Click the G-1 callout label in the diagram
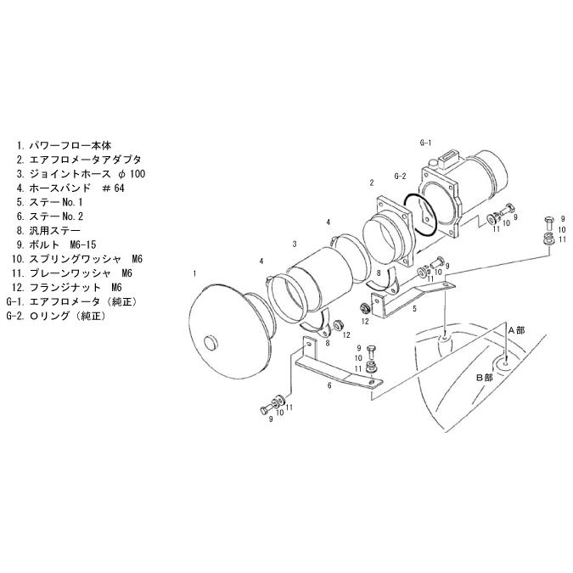point(425,143)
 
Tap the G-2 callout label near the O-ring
point(400,176)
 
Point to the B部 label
point(485,378)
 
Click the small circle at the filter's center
point(211,344)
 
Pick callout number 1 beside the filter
point(194,273)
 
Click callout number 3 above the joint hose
point(295,244)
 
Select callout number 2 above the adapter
point(372,183)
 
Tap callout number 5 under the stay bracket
point(414,309)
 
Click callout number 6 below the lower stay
point(329,385)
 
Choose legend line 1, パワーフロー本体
point(64,145)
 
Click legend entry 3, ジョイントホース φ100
point(81,173)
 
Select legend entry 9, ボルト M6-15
point(56,244)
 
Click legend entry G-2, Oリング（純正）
point(56,316)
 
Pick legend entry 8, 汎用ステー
point(48,231)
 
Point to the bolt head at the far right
point(549,222)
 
